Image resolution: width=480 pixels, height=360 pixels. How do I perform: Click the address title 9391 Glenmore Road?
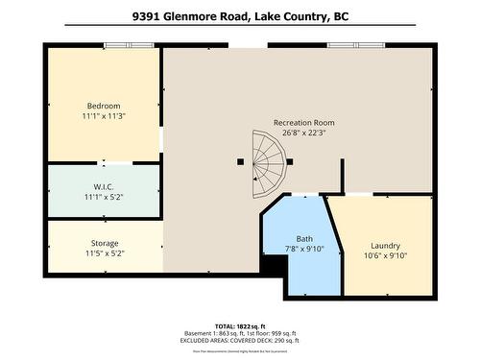[239, 16]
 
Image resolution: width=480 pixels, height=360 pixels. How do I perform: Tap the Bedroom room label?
[104, 105]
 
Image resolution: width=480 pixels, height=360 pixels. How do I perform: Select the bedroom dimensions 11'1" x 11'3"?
[104, 116]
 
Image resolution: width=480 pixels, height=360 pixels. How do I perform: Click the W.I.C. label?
[105, 186]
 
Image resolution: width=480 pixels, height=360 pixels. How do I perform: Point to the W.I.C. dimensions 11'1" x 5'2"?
[105, 198]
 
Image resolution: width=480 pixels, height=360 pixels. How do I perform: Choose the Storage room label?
[105, 242]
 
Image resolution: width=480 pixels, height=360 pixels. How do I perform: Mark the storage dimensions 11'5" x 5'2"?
[105, 253]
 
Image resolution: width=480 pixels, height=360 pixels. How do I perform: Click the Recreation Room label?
[303, 122]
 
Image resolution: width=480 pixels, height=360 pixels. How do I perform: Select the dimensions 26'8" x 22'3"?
[303, 133]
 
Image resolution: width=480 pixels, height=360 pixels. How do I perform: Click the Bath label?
[304, 238]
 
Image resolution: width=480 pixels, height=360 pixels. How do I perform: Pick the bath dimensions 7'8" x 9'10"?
[304, 250]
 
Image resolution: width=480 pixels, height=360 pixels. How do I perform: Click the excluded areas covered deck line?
[239, 341]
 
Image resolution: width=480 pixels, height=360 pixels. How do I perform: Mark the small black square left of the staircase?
[239, 162]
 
